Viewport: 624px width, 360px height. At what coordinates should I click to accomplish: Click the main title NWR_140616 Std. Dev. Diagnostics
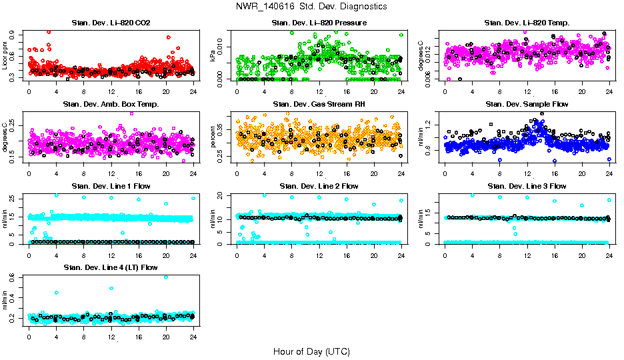pos(311,7)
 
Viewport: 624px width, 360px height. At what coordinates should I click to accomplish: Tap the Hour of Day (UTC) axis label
pos(311,351)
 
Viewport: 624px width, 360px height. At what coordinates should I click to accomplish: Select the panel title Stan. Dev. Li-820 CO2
pos(111,23)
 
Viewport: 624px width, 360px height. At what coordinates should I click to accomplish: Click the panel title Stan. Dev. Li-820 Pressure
pos(319,23)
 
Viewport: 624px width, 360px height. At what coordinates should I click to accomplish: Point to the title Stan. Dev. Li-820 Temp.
pos(527,23)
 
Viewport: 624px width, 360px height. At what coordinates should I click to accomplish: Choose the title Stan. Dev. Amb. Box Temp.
pos(111,105)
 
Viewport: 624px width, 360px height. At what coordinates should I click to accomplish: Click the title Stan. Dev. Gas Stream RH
pos(319,105)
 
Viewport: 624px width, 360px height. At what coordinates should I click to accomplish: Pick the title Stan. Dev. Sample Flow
pos(527,105)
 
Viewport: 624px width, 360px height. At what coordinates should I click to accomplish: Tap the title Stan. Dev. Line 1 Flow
pos(111,186)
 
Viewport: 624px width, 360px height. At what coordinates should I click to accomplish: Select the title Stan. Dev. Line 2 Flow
pos(319,186)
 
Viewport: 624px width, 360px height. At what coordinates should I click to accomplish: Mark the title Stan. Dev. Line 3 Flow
pos(527,186)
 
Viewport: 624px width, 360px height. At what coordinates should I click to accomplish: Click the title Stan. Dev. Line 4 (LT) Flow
pos(111,267)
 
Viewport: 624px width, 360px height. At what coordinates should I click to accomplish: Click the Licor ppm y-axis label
pos(5,55)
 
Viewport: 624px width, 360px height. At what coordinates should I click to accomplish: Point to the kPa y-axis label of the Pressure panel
pos(213,55)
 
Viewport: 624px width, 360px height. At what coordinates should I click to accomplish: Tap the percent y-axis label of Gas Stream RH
pos(213,136)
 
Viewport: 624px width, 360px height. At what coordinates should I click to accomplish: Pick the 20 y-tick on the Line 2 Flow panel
pos(223,195)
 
